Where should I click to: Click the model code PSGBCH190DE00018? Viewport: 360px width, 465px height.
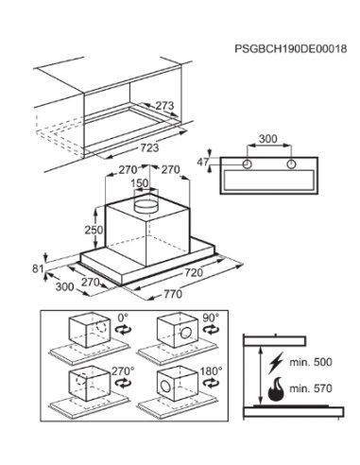click(291, 49)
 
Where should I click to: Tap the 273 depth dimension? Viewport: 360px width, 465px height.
click(164, 106)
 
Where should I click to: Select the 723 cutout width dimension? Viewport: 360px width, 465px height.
click(149, 147)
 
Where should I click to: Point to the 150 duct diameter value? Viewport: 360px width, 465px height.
click(139, 183)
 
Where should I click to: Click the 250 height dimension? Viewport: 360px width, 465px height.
click(94, 230)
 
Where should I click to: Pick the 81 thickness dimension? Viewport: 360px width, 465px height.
click(38, 268)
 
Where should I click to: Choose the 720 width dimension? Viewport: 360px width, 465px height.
click(194, 272)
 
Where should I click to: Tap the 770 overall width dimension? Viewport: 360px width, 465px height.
click(173, 294)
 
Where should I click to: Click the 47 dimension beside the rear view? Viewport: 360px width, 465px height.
click(203, 162)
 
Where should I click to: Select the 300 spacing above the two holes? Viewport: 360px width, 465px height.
click(268, 139)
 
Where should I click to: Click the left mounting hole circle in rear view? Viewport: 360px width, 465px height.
click(248, 164)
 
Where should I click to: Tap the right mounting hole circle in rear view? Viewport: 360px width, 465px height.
click(291, 164)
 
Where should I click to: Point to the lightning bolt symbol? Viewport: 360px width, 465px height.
click(276, 362)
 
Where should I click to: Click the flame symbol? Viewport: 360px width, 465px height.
click(276, 389)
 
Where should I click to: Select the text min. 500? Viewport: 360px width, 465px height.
click(311, 362)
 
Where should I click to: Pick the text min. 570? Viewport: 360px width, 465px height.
click(311, 388)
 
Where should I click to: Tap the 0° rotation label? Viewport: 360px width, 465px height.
click(123, 317)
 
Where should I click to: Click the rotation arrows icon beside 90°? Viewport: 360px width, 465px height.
click(212, 330)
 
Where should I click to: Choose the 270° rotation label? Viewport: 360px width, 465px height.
click(123, 371)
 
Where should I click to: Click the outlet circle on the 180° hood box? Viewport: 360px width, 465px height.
click(165, 386)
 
